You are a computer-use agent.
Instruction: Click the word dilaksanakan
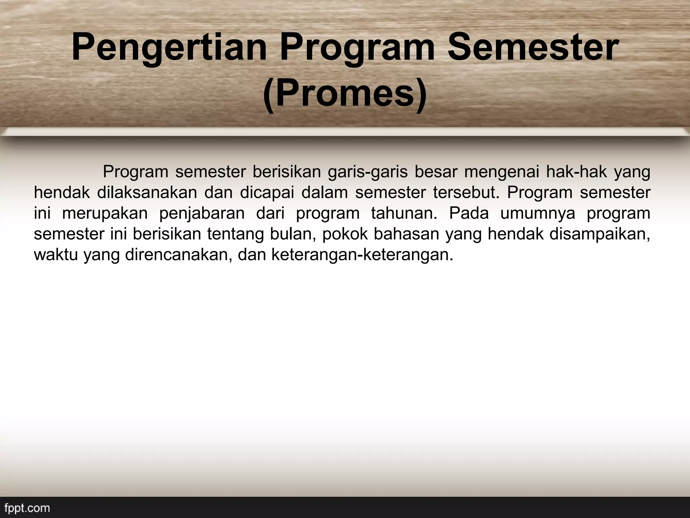(x=147, y=193)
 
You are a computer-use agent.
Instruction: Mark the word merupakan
(x=105, y=214)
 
